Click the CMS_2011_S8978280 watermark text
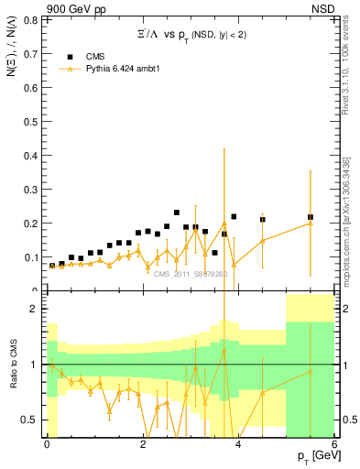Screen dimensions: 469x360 tap(191, 274)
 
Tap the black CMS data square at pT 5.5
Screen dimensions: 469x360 tap(311, 217)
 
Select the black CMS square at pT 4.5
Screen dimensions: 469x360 tap(263, 220)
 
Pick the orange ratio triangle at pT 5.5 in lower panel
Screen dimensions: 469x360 tap(311, 371)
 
